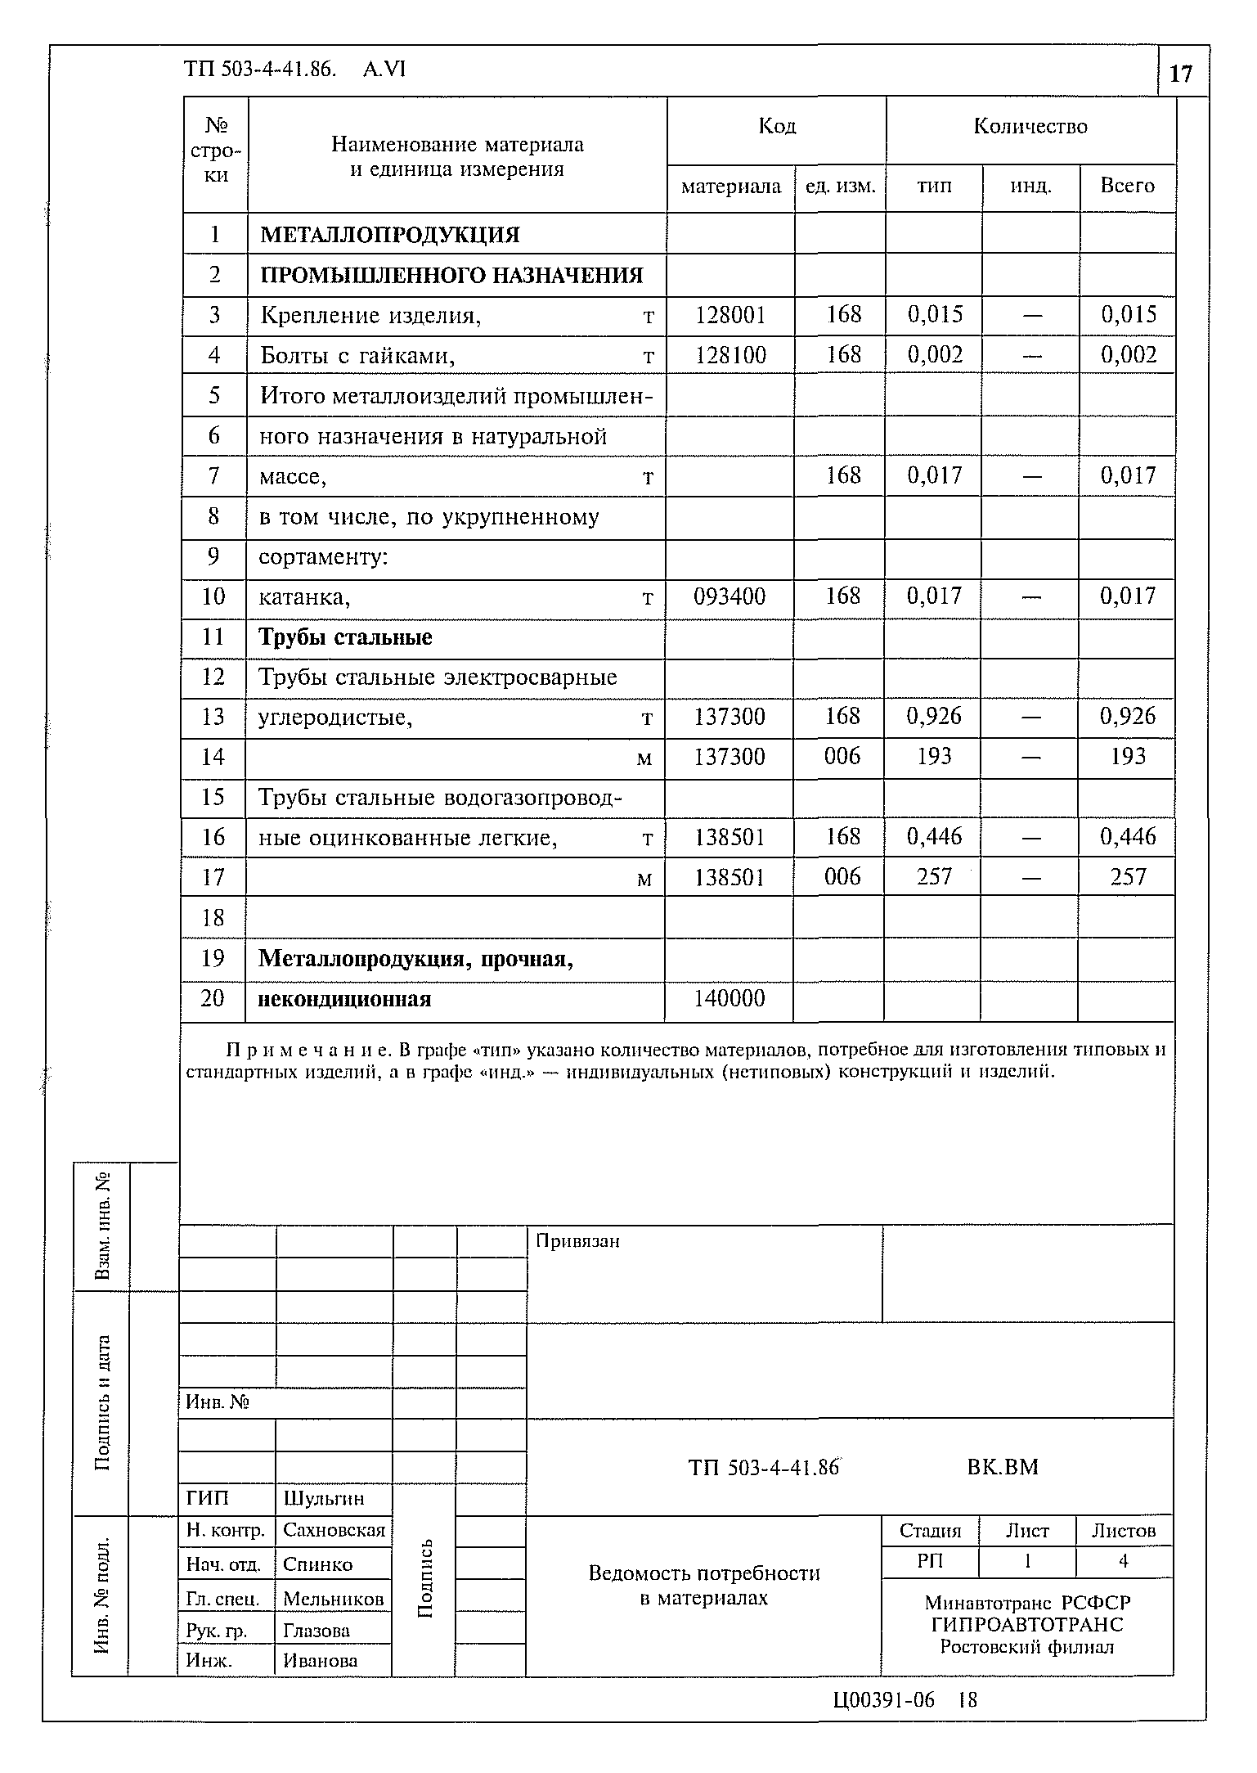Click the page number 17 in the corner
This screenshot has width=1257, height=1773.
click(1181, 74)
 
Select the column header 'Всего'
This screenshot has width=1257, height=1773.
click(1127, 186)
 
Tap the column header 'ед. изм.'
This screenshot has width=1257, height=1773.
click(840, 187)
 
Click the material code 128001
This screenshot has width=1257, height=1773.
click(730, 315)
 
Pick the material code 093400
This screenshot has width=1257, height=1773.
click(730, 596)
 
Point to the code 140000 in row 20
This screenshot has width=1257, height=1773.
click(730, 998)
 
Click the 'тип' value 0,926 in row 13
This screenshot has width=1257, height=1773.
click(934, 717)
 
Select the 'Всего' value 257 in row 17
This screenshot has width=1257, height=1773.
click(1128, 878)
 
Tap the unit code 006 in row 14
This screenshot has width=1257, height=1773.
click(842, 757)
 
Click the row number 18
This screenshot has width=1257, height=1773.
click(213, 918)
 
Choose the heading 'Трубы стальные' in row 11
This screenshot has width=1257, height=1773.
click(345, 637)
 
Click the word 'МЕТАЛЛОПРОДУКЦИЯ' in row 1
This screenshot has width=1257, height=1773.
click(390, 235)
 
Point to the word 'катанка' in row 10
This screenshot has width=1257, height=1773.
click(304, 597)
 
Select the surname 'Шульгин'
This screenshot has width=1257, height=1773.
click(324, 1499)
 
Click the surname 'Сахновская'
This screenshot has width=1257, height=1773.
click(334, 1531)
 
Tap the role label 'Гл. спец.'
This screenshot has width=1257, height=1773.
click(223, 1599)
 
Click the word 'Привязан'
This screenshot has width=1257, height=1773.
click(577, 1241)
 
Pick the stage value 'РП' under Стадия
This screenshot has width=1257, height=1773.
click(930, 1562)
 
